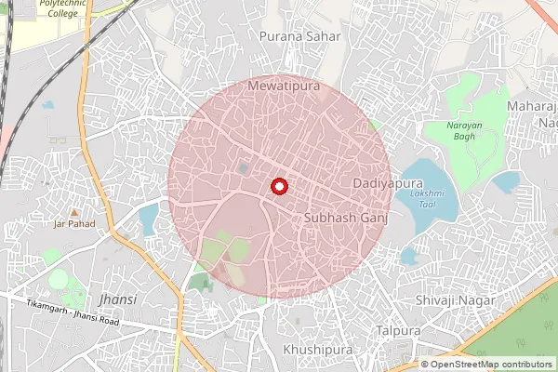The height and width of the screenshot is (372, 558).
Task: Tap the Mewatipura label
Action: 285,86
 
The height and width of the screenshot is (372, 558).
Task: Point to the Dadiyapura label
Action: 381,183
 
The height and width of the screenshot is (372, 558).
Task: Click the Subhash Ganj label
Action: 344,216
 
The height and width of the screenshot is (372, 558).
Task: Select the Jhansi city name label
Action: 117,299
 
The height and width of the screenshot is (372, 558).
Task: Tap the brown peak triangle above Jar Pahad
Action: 73,212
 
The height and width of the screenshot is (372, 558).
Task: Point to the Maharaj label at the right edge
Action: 532,107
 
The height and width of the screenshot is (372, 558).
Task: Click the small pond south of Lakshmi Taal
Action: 411,254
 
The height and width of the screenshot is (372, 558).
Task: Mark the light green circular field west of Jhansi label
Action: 59,278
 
